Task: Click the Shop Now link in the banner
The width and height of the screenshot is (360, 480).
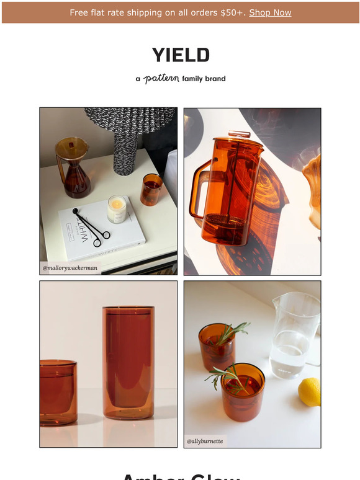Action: pyautogui.click(x=270, y=12)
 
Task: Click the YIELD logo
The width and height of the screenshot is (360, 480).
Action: pyautogui.click(x=181, y=55)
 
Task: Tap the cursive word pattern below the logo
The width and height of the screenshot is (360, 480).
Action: pyautogui.click(x=161, y=79)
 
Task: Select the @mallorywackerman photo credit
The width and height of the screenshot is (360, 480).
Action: pyautogui.click(x=70, y=267)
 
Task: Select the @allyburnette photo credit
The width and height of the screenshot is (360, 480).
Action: pyautogui.click(x=205, y=441)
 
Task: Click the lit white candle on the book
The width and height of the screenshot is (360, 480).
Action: pyautogui.click(x=117, y=210)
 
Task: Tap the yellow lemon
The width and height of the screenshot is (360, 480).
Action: pyautogui.click(x=309, y=392)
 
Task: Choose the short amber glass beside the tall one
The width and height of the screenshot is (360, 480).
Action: pyautogui.click(x=58, y=392)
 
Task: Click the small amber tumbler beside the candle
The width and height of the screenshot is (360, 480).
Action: pyautogui.click(x=151, y=189)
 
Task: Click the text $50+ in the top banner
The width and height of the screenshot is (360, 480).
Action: pyautogui.click(x=233, y=12)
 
